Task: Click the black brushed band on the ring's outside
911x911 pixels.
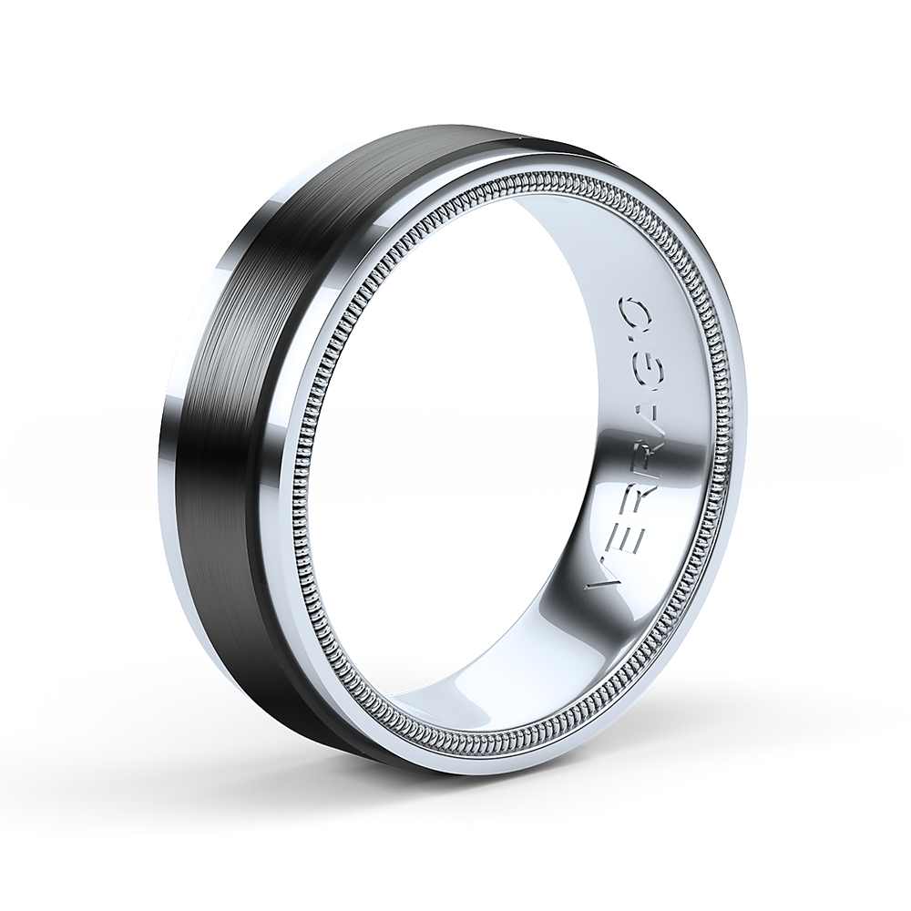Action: (x=273, y=364)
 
